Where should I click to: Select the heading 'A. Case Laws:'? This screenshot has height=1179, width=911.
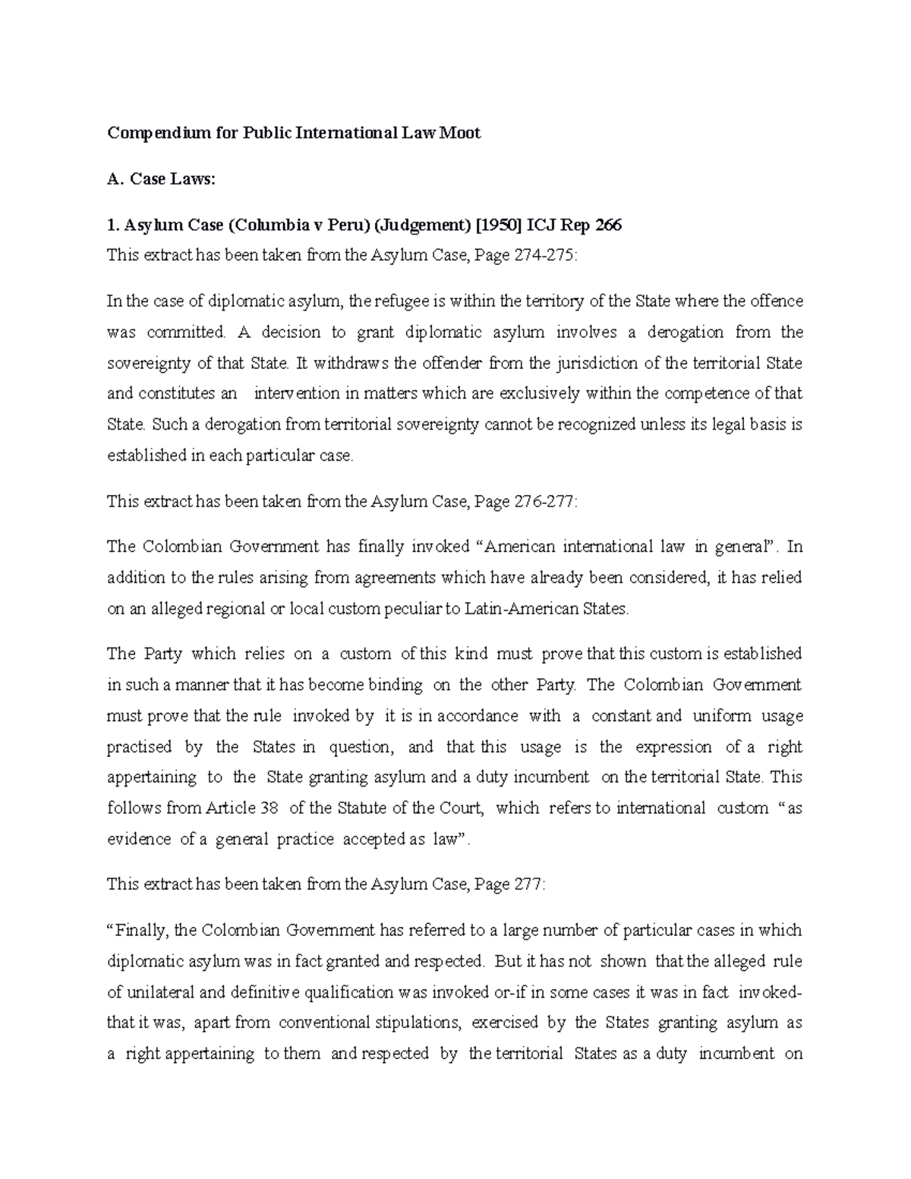162,179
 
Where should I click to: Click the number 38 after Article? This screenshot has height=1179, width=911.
269,809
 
